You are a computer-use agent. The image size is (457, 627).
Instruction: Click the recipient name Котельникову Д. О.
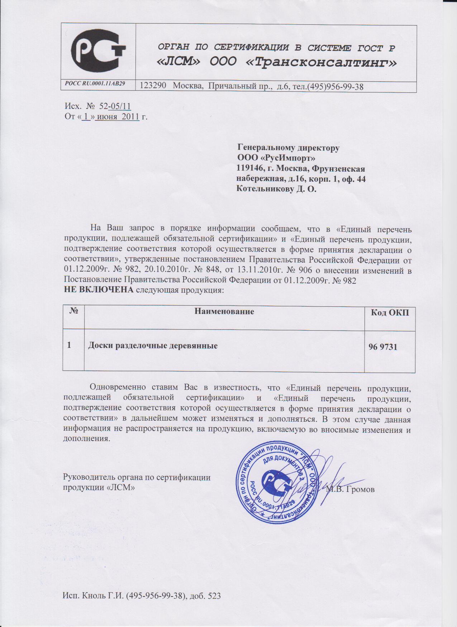(x=276, y=189)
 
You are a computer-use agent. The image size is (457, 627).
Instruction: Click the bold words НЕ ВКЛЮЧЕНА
(x=98, y=290)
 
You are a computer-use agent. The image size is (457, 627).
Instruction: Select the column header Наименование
(x=224, y=311)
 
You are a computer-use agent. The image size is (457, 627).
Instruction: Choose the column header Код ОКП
(x=390, y=313)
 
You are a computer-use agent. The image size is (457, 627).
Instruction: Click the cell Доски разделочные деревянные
(x=153, y=346)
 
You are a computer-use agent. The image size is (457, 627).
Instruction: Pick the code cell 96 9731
(x=383, y=346)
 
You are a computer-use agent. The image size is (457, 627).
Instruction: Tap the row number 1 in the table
(x=69, y=345)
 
